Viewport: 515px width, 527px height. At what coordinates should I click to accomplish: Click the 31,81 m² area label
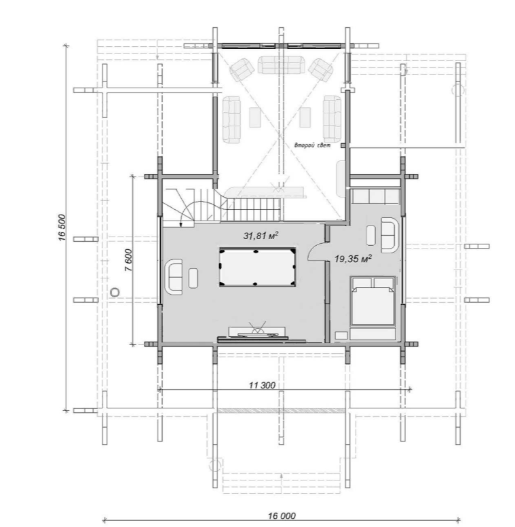pos(261,236)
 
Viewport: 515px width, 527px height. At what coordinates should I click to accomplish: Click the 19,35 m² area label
pos(353,259)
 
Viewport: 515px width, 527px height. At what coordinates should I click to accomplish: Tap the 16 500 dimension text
pos(62,228)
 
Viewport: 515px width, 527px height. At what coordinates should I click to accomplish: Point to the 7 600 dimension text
pos(129,260)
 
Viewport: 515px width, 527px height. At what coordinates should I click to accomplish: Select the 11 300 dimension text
pos(262,385)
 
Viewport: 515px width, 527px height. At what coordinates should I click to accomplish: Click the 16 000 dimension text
pos(282,515)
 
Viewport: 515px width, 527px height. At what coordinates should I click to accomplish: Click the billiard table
pos(258,267)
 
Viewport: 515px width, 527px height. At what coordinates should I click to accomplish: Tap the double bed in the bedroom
pos(373,301)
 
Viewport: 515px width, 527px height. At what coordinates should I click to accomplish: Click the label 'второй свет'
pos(312,145)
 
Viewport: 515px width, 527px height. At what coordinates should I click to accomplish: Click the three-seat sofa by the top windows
pos(282,65)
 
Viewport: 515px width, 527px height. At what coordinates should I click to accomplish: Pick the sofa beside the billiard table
pos(174,277)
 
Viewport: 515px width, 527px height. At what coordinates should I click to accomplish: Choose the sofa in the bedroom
pos(389,235)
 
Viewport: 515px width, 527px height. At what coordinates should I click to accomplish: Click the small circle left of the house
pos(115,292)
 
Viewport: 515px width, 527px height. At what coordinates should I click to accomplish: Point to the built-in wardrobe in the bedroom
pos(376,196)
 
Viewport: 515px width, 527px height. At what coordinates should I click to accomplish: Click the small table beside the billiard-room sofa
pos(193,278)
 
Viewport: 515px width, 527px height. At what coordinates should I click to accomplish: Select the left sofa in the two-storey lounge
pos(231,120)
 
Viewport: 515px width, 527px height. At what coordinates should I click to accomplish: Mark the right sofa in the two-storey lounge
pos(332,119)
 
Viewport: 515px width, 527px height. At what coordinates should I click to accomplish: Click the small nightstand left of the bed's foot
pos(341,335)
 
